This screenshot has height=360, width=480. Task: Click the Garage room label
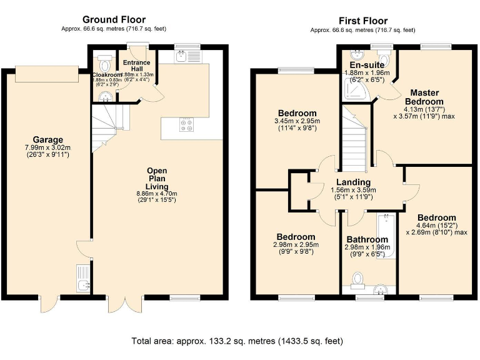pyautogui.click(x=46, y=139)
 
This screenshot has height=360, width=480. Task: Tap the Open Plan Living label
pyautogui.click(x=157, y=178)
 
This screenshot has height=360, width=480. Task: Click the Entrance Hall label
pyautogui.click(x=136, y=66)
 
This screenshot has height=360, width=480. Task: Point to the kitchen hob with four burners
pyautogui.click(x=186, y=125)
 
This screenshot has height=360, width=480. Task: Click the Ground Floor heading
pyautogui.click(x=114, y=20)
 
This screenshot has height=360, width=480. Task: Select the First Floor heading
pyautogui.click(x=363, y=21)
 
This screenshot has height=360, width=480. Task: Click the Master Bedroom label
pyautogui.click(x=424, y=97)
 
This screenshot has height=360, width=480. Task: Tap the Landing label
pyautogui.click(x=353, y=182)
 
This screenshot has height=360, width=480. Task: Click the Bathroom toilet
pyautogui.click(x=359, y=278)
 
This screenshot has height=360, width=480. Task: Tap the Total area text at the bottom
pyautogui.click(x=237, y=342)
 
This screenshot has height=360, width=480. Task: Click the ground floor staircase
pyautogui.click(x=108, y=125)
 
